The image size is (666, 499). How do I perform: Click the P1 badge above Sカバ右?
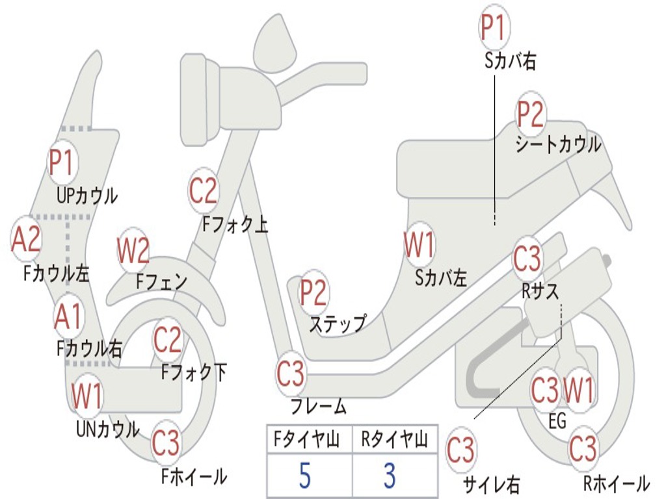point(494,27)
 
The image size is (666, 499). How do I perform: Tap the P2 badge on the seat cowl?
point(530,114)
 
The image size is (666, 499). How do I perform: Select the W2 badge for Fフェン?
point(133,251)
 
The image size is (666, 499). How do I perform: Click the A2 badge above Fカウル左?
point(26,239)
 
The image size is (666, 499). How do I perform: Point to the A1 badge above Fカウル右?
point(68,316)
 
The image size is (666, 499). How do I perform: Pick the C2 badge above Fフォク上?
point(203,190)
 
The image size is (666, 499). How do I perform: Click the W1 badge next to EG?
point(578,390)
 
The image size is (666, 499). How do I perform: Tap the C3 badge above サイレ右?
point(461,450)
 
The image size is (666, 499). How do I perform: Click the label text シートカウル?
point(559,145)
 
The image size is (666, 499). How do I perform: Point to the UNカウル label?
point(108,429)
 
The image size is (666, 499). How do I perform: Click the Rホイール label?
point(617,483)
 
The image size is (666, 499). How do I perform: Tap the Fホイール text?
point(194,476)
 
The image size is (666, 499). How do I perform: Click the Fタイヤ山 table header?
point(307,439)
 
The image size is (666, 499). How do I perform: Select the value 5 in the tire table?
point(305,476)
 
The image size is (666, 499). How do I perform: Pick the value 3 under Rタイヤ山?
point(390,476)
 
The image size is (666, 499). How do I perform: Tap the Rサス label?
point(540,291)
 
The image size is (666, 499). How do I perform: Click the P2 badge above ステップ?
point(313,293)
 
